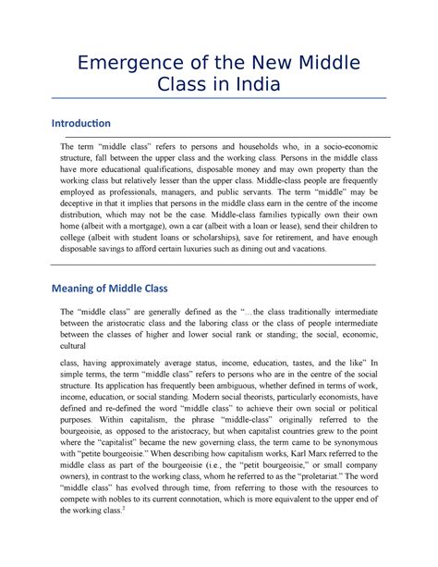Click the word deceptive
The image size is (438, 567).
click(x=81, y=198)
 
